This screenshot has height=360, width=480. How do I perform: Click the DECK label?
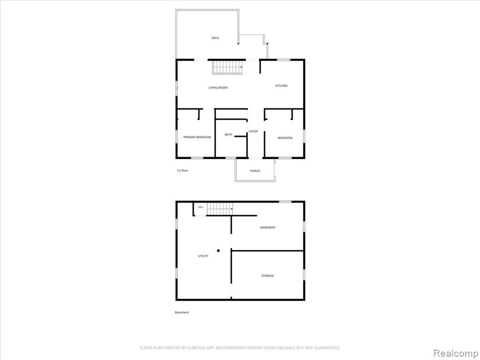215,38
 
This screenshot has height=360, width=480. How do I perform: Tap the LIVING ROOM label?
218,88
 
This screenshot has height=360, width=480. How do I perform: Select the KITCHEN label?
281,86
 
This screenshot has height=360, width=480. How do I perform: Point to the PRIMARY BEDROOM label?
197,137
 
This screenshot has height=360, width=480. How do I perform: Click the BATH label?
228,135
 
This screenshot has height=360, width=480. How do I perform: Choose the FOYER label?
253,131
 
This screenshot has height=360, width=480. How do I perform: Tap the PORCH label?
255,171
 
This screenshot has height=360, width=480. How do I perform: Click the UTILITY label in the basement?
203,256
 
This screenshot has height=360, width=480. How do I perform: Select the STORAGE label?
268,276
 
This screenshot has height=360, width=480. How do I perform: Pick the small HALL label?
201,207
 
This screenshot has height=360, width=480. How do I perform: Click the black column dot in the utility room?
218,250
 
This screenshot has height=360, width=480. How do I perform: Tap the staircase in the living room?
228,67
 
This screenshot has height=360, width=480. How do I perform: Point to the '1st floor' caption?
182,171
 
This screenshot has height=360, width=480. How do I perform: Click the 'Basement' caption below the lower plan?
182,312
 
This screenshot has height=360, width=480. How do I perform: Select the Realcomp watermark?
455,353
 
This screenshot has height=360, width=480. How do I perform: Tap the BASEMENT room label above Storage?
268,227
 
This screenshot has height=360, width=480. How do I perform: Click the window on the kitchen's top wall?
284,60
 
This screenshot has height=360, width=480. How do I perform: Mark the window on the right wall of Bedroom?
304,136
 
